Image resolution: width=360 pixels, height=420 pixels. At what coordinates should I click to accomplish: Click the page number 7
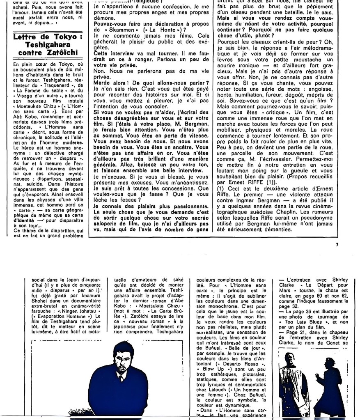[x=336, y=245]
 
